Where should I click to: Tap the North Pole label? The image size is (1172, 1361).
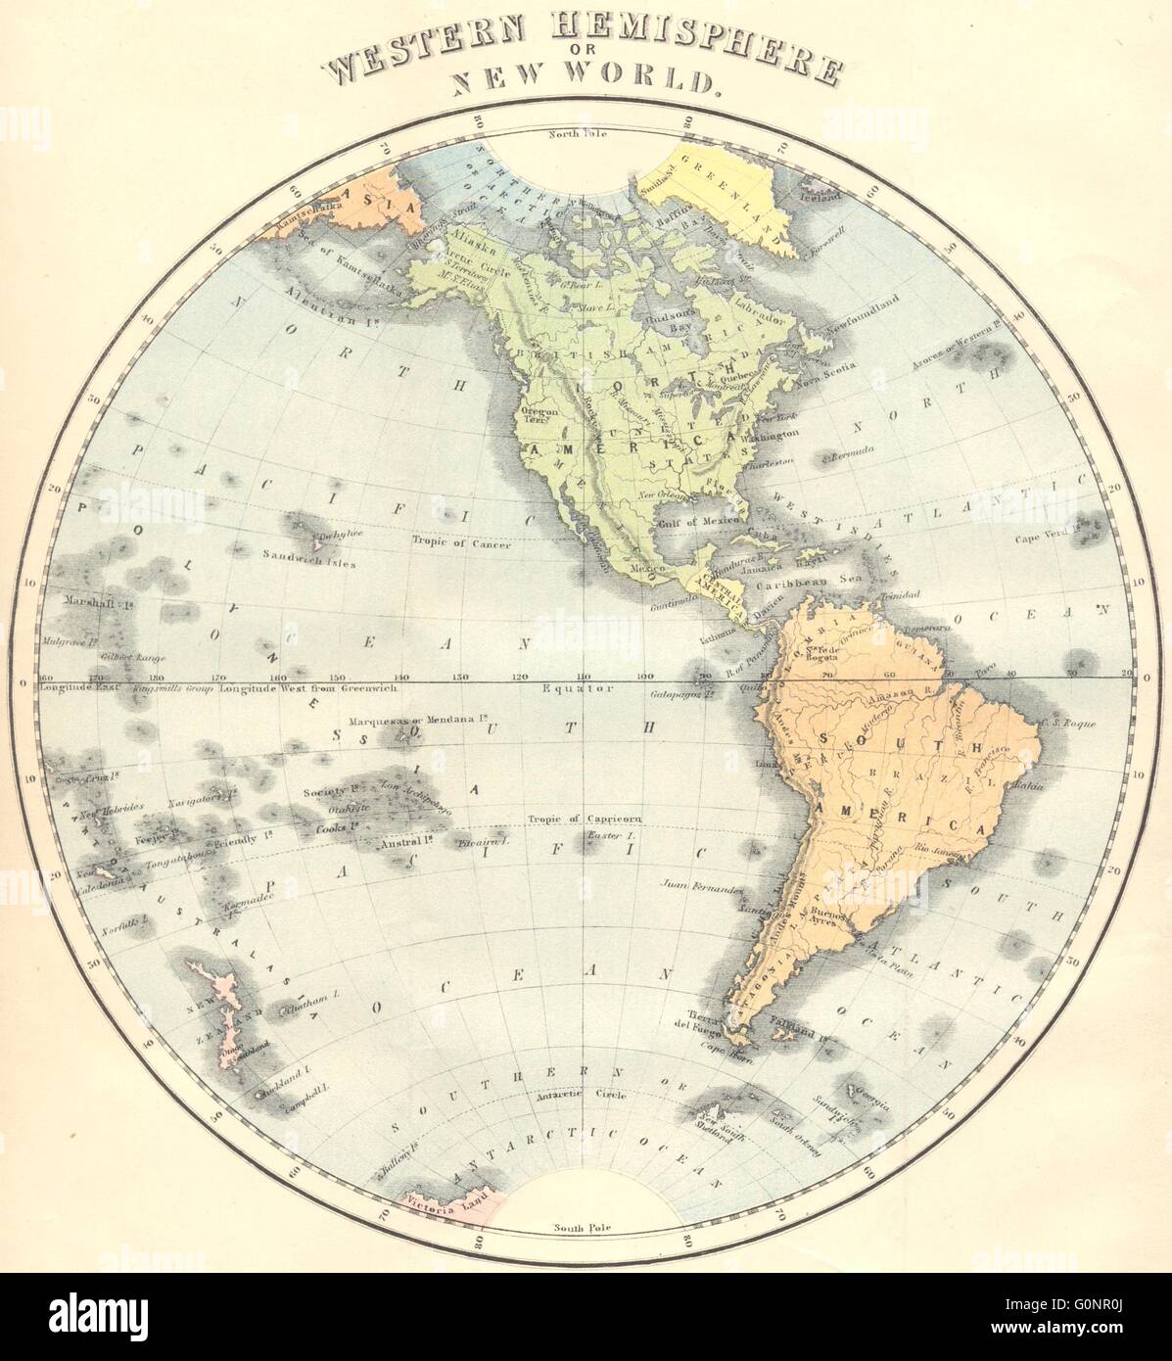click(x=580, y=134)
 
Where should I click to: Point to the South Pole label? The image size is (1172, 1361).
click(x=582, y=1227)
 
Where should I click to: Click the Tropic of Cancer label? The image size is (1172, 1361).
click(x=462, y=545)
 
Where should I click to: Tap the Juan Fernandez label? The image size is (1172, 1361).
click(x=701, y=890)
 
